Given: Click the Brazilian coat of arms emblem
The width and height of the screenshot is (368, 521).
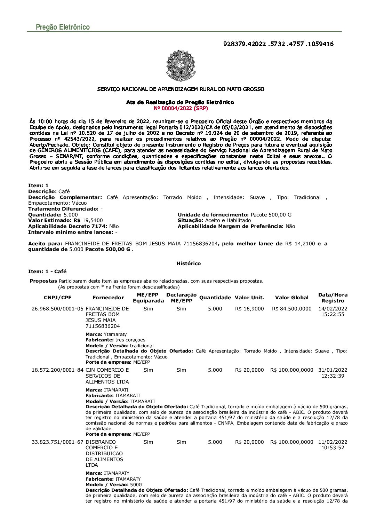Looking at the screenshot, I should tap(181, 65).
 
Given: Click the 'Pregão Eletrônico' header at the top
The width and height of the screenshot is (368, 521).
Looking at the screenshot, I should tap(63, 27).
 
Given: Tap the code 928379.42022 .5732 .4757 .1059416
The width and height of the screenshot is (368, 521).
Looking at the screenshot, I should tap(278, 44).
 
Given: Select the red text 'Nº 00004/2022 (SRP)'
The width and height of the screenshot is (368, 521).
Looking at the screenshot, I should tap(181, 108).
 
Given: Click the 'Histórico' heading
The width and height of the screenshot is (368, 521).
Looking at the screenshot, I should tap(189, 263).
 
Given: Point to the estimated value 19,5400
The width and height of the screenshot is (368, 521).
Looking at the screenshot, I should tap(93, 220).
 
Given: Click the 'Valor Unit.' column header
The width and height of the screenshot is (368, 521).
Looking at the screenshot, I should tap(249, 298).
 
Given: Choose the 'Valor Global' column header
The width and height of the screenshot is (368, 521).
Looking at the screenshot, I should tap(291, 298).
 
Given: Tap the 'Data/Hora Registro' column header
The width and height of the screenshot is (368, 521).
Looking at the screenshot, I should tap(333, 298).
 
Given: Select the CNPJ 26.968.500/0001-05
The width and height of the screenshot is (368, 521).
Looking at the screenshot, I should tap(57, 309).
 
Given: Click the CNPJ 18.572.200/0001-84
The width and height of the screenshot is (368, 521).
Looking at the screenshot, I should tap(57, 370).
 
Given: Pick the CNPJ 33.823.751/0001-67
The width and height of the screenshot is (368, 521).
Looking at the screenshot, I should tap(57, 442).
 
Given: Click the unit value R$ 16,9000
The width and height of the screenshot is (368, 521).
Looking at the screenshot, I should tap(249, 309).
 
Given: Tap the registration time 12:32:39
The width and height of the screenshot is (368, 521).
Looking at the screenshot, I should tap(333, 376).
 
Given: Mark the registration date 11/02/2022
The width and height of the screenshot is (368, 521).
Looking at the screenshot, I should tap(333, 442).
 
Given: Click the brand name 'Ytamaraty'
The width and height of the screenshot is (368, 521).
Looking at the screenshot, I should tap(115, 334).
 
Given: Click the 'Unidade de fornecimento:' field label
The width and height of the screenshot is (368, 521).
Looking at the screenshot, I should tap(213, 215).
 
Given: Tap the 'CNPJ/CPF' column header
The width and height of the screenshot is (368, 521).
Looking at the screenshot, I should tap(57, 298).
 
